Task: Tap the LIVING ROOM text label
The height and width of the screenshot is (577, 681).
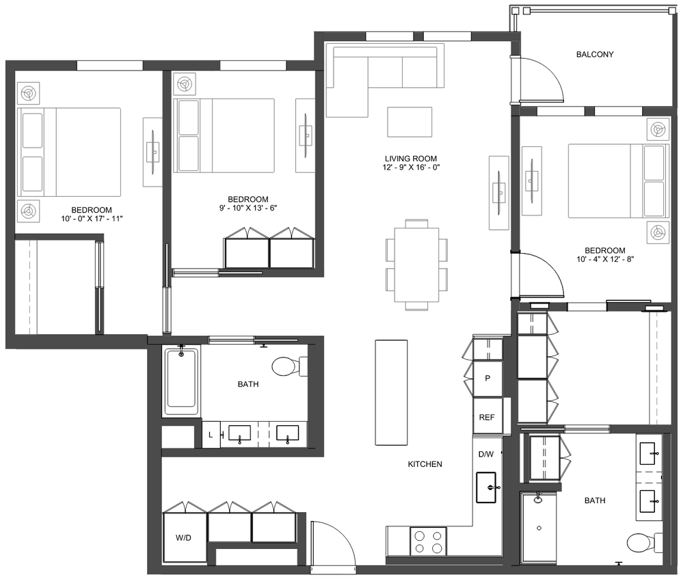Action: click(x=410, y=158)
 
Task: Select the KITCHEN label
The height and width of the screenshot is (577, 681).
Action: click(x=425, y=464)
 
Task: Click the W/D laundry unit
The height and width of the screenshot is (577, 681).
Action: click(x=183, y=537)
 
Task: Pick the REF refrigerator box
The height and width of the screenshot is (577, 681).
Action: click(x=487, y=418)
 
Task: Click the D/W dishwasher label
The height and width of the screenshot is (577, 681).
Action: click(x=485, y=454)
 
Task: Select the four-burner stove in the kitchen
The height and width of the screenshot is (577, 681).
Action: click(x=427, y=541)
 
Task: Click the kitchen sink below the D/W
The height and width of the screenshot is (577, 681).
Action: click(x=486, y=487)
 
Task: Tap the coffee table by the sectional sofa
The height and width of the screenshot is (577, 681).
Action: click(x=410, y=122)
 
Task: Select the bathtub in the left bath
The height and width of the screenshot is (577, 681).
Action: click(x=181, y=382)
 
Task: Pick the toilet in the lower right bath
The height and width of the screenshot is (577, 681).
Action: click(x=641, y=543)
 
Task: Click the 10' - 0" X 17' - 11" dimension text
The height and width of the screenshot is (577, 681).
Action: click(x=92, y=219)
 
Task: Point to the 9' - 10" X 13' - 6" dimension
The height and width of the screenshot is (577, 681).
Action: click(x=248, y=209)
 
